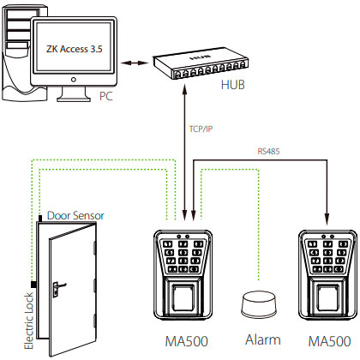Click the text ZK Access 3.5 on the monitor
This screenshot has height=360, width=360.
point(75,49)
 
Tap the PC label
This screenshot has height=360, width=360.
point(106,96)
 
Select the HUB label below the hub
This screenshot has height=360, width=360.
point(233,85)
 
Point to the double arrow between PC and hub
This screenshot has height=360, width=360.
point(135,63)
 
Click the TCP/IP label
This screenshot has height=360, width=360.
point(201,129)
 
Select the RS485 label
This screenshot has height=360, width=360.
point(268,151)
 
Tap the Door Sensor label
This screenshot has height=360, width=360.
point(75,215)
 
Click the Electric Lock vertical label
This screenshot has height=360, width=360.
point(29,321)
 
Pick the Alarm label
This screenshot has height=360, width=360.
point(263,340)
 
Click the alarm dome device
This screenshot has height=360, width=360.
point(259,304)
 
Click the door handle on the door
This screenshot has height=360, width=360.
point(59,287)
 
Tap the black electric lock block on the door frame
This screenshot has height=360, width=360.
point(34,285)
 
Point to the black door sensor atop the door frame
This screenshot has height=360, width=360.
point(40,219)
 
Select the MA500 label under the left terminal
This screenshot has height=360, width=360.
point(187,341)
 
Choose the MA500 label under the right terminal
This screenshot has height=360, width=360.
point(329,341)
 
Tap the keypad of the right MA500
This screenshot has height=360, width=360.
point(327,256)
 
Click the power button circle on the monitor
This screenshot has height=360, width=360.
point(74,80)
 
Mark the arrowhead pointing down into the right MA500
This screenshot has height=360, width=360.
point(327,219)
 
